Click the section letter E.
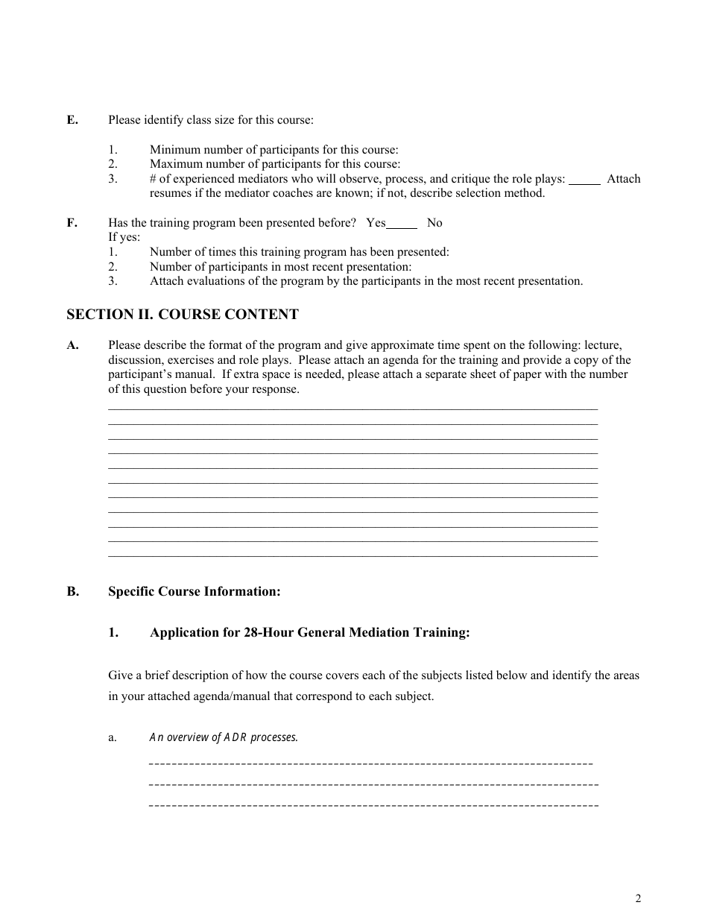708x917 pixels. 72,120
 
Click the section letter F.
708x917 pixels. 72,223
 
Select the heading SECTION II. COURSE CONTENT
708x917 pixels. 183,315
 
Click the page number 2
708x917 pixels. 638,898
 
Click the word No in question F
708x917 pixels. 434,223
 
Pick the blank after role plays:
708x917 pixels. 585,180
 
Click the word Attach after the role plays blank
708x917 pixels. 623,179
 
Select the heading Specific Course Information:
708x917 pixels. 195,592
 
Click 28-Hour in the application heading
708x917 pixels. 268,633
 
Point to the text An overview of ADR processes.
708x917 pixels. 224,737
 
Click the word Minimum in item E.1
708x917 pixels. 173,150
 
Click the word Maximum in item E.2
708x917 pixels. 174,164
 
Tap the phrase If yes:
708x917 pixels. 124,238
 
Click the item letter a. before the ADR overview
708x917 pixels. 113,737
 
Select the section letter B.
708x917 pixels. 72,592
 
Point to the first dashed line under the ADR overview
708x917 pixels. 371,764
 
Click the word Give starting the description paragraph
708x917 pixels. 121,675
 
